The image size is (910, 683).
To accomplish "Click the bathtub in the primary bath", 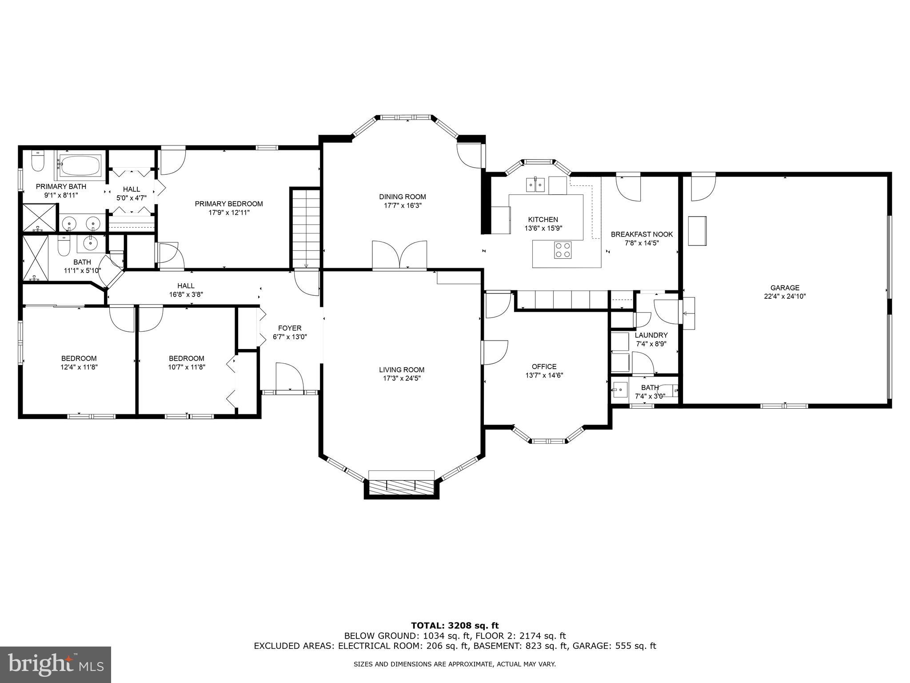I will tap(80, 165).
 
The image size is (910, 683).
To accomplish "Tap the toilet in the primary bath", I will tap(38, 162).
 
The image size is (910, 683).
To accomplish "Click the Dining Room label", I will tap(402, 197).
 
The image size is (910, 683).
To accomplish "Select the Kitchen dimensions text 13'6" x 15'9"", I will tap(543, 229).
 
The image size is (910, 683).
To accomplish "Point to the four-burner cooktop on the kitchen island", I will tap(563, 249).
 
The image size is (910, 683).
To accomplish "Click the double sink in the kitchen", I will tap(535, 184).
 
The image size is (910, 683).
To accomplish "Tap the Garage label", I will tap(785, 288).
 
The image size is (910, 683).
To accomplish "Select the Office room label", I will tap(544, 366).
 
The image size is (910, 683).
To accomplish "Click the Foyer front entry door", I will tap(289, 378).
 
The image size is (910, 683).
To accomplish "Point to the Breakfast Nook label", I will tap(642, 234).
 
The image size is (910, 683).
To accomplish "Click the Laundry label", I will tap(651, 335).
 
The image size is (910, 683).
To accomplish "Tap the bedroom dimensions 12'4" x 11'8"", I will tap(79, 367).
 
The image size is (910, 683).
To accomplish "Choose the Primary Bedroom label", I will tap(229, 204).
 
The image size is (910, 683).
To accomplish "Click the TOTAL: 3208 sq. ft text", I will tap(455, 626).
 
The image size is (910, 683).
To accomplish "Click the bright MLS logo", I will tap(55, 664).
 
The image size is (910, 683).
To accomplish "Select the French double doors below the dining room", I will tap(399, 255).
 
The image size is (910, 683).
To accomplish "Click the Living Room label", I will tap(402, 370).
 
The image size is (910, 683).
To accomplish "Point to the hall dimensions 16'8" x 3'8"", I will tap(186, 294).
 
